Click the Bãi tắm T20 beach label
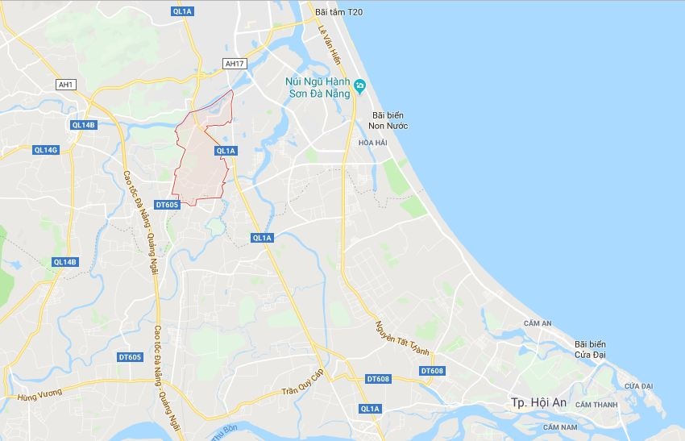pos(340,12)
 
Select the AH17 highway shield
pos(234,64)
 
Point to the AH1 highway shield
pos(65,85)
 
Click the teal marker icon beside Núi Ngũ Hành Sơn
pos(361,85)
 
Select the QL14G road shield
pos(46,150)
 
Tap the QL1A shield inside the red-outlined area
pos(226,151)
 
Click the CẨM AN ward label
pos(537,323)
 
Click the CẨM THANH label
pos(596,404)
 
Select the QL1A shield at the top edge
pos(183,11)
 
